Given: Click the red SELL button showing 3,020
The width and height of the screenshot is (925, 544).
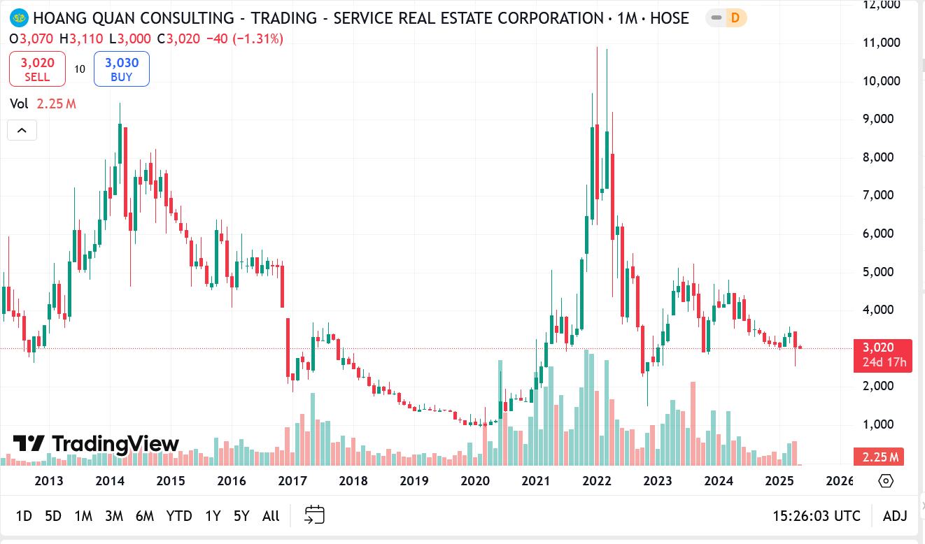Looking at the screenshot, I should pos(37,69).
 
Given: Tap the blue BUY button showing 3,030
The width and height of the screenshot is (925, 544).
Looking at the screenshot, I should pos(122,69).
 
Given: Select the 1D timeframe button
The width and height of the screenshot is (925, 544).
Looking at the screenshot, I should pos(24,516).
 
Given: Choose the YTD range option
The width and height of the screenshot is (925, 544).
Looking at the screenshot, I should pos(179,516).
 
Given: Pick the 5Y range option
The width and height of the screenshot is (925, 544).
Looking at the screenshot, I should pos(241,516).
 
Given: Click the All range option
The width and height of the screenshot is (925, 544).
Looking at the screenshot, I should pos(271,516).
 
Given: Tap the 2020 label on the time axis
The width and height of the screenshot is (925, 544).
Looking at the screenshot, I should pos(475,481).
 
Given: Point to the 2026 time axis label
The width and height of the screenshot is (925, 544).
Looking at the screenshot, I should pos(840,481).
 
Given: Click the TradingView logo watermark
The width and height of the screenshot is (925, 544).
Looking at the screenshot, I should pos(97,444).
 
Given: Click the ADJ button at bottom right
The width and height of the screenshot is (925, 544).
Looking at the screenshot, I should pos(895,516).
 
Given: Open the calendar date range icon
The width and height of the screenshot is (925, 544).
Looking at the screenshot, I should pos(315,515).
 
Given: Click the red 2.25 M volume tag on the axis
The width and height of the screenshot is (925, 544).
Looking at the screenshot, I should pos(880,457).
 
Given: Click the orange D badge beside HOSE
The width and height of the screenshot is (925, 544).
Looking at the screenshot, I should pos(735,18).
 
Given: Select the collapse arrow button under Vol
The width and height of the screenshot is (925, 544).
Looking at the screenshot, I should pos(21,130).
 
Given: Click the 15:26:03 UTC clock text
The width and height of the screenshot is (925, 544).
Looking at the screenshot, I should pos(816,516).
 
